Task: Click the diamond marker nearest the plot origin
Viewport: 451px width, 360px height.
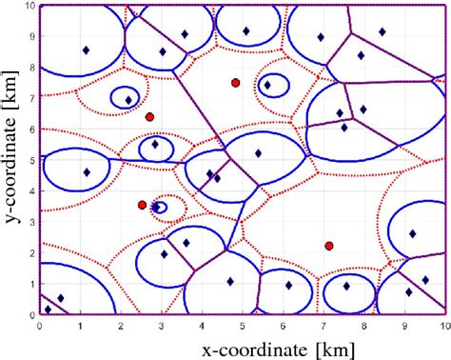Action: pyautogui.click(x=48, y=310)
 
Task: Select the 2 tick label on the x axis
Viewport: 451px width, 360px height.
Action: pyautogui.click(x=120, y=324)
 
